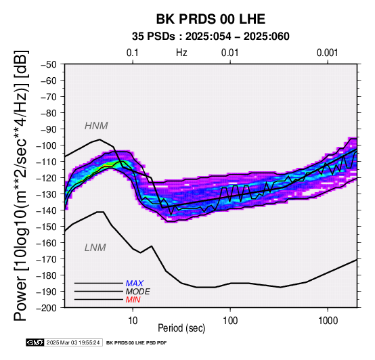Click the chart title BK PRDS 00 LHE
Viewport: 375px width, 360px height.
(x=211, y=19)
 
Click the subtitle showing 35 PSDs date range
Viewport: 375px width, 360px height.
(x=211, y=37)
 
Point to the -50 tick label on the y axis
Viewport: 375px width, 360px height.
(x=49, y=64)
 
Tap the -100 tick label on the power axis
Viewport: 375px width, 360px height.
(x=47, y=145)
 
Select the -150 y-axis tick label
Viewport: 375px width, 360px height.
(x=47, y=227)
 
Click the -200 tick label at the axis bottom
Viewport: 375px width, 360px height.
(x=47, y=308)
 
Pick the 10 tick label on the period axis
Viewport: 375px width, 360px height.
(x=133, y=321)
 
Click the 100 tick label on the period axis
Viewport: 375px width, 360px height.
(x=230, y=321)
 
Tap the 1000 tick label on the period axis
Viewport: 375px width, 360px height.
(x=328, y=321)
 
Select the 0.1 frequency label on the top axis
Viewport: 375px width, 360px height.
(x=133, y=53)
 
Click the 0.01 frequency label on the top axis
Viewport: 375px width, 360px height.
(x=230, y=53)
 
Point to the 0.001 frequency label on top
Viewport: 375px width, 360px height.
(x=327, y=53)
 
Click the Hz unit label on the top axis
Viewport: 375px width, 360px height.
(x=181, y=53)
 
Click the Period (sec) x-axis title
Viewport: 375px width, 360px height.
(x=181, y=328)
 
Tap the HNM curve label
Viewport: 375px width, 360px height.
(x=96, y=126)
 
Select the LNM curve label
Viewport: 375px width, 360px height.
(x=95, y=248)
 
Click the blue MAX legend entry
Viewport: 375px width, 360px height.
(x=135, y=284)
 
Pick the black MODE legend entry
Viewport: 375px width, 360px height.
(x=138, y=292)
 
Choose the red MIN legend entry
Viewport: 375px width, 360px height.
(x=133, y=300)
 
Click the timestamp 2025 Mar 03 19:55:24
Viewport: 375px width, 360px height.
(x=73, y=342)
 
